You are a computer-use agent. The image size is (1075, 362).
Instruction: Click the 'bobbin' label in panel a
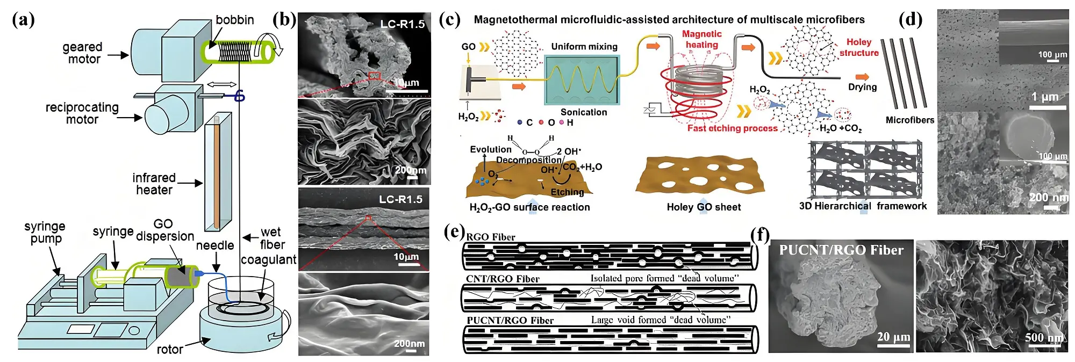click(x=234, y=20)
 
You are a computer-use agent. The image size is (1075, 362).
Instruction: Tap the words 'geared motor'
click(x=83, y=53)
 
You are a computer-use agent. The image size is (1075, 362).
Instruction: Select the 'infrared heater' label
click(x=154, y=184)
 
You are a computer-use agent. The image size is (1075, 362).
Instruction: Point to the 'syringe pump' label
click(x=45, y=233)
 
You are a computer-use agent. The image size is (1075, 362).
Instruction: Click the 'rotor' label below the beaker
click(x=170, y=350)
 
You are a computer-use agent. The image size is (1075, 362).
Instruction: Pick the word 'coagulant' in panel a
click(x=268, y=260)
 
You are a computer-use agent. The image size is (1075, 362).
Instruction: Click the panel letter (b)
click(x=284, y=20)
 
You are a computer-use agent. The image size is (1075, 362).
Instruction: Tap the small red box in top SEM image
click(x=374, y=76)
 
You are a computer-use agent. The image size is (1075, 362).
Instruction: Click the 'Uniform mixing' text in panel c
click(x=584, y=47)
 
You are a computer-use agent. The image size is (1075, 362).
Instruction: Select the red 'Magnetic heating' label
click(x=702, y=39)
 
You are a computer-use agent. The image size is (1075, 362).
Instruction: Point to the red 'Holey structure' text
click(x=859, y=47)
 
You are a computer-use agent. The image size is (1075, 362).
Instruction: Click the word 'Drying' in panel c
click(x=862, y=87)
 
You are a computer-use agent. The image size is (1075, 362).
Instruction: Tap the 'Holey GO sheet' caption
click(x=704, y=207)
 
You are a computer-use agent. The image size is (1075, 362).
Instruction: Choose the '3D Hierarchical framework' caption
click(x=863, y=206)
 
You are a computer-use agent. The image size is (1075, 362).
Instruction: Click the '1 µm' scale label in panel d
click(x=1044, y=97)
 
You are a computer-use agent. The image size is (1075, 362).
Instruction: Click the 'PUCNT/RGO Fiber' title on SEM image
click(x=841, y=250)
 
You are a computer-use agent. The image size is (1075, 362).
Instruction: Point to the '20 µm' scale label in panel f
click(x=893, y=337)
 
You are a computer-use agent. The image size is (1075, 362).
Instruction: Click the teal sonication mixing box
click(x=582, y=79)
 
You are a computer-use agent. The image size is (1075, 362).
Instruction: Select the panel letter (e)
click(x=455, y=231)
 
